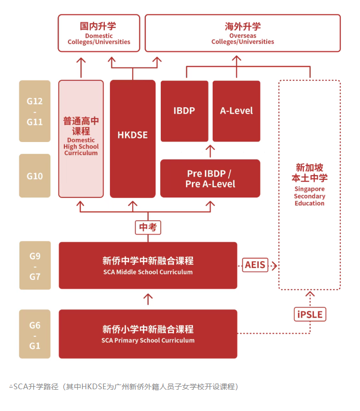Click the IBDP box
pyautogui.click(x=184, y=111)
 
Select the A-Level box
pyautogui.click(x=236, y=111)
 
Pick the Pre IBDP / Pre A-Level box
pyautogui.click(x=210, y=179)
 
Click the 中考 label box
pyautogui.click(x=148, y=228)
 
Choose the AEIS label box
pyautogui.click(x=255, y=265)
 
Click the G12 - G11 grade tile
pyautogui.click(x=35, y=111)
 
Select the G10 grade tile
pyautogui.click(x=35, y=176)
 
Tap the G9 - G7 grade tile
pyautogui.click(x=35, y=265)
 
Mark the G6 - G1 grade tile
pyautogui.click(x=35, y=334)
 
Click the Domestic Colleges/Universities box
pyautogui.click(x=99, y=33)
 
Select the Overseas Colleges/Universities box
pyautogui.click(x=242, y=33)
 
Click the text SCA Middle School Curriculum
pyautogui.click(x=148, y=272)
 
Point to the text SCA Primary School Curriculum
pyautogui.click(x=148, y=341)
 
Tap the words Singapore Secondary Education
pyautogui.click(x=309, y=196)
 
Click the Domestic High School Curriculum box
pyautogui.click(x=81, y=138)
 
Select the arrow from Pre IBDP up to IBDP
pyautogui.click(x=210, y=151)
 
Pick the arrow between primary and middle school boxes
pyautogui.click(x=148, y=299)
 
